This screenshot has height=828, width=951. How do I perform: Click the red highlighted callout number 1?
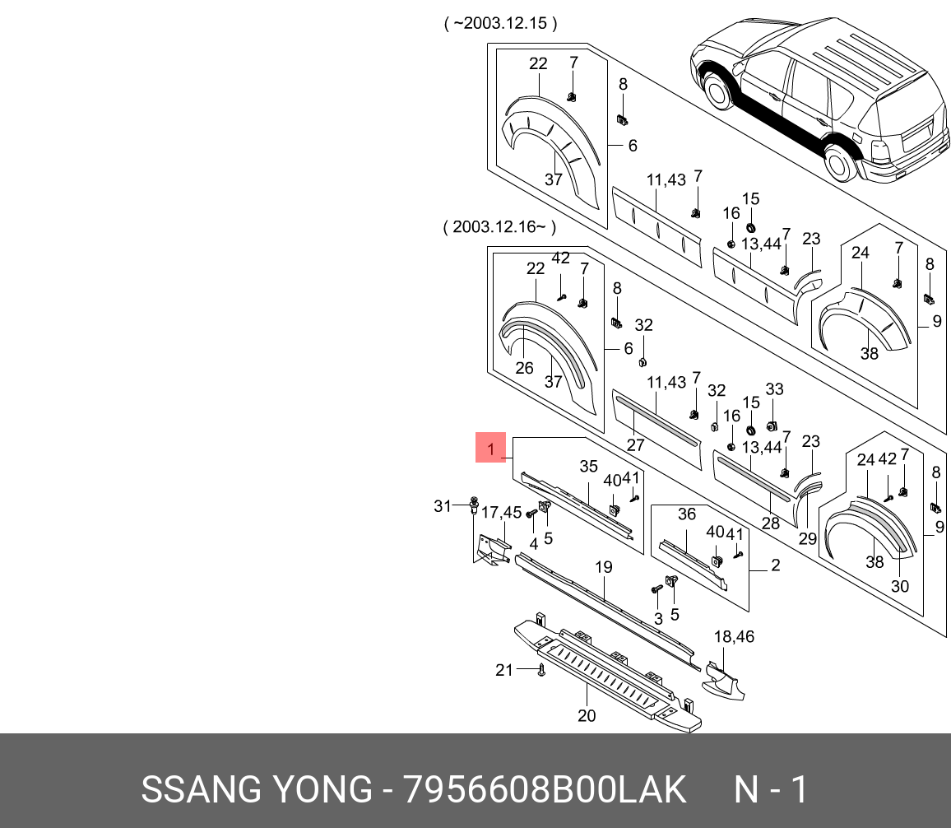490,448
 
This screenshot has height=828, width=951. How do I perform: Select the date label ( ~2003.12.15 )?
500,23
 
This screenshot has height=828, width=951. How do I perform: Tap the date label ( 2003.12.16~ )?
499,227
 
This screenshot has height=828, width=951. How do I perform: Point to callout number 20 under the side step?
587,716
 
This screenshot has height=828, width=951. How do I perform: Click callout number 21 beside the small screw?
504,670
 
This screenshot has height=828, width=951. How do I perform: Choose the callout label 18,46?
734,636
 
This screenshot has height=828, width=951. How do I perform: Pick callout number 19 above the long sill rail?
604,567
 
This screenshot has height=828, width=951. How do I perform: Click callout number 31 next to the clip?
443,505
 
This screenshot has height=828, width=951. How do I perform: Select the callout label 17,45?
501,513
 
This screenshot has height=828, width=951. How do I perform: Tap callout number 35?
588,466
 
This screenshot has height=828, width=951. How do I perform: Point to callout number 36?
687,514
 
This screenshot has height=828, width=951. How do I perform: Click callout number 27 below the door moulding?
635,445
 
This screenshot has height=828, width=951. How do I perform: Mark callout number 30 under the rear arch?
900,586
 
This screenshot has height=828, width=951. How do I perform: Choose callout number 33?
774,388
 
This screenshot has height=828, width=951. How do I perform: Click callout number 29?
807,538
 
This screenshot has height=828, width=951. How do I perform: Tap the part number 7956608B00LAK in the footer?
545,789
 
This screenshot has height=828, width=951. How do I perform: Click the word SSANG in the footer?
202,789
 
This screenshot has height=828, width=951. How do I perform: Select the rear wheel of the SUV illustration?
840,162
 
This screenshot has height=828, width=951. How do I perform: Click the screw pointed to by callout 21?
541,670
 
